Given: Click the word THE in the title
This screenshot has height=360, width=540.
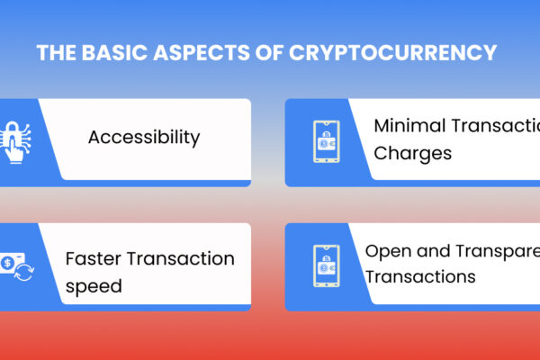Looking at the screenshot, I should (56, 53).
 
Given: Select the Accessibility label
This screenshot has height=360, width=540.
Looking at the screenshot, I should (143, 138).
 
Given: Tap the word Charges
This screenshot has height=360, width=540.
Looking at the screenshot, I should (413, 152).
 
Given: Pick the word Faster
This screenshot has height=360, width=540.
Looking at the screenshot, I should (95, 259).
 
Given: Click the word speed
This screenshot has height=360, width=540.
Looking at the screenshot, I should (94, 285).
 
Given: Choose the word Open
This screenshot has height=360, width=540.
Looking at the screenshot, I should (387, 251).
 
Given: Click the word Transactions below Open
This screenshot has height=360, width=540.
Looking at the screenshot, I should (420, 277).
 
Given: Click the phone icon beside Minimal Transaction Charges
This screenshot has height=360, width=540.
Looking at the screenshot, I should (325, 141).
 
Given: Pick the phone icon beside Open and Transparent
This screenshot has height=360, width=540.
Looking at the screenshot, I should (325, 265).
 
